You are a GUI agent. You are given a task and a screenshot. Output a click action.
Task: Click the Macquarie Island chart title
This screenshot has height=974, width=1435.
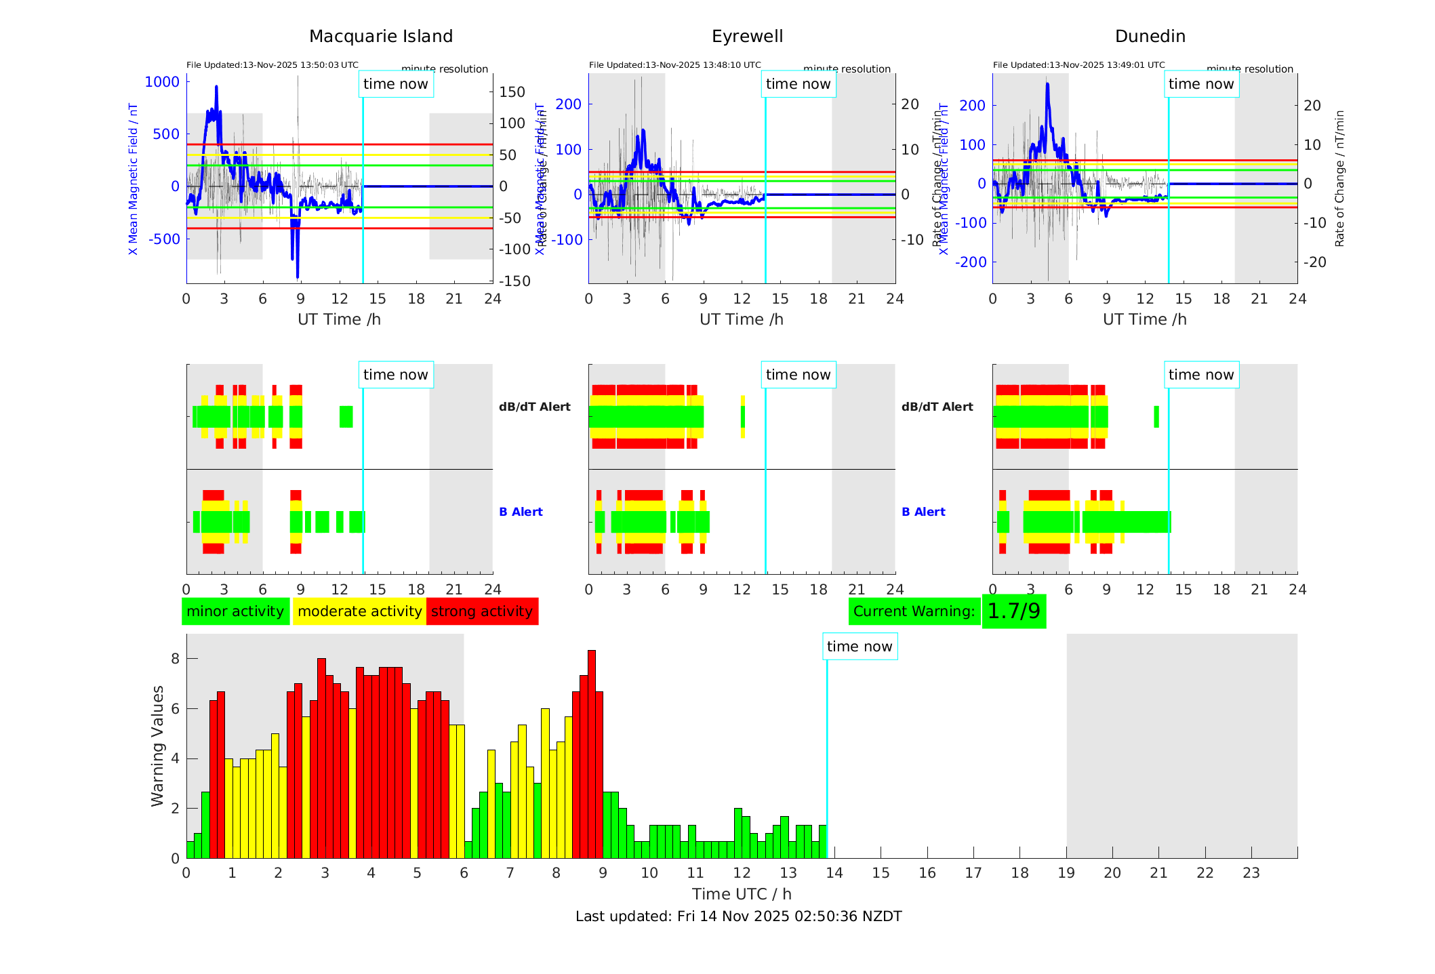click(x=381, y=37)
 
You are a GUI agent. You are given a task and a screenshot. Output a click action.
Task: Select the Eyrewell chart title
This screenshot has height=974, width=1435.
click(x=747, y=37)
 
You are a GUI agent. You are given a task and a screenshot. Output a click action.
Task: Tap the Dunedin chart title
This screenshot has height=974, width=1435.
click(x=1150, y=37)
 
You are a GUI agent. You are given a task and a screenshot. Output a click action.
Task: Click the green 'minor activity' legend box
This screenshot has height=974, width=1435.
click(x=235, y=611)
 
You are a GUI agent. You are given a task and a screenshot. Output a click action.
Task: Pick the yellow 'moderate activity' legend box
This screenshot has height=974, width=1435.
click(x=359, y=611)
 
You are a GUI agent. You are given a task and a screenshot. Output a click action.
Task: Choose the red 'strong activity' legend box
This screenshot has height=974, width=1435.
click(x=482, y=611)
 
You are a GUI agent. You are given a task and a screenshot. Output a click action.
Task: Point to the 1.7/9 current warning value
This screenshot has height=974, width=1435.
click(x=1013, y=611)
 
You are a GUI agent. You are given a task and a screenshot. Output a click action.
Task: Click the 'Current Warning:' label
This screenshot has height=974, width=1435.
click(x=914, y=611)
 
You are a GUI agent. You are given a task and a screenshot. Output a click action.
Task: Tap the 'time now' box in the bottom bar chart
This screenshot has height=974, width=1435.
click(x=860, y=647)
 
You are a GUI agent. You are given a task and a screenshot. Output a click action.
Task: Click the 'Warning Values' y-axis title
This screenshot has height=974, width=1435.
click(x=157, y=746)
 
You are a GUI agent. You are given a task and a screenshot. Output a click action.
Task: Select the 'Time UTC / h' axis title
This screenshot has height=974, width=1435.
click(x=742, y=894)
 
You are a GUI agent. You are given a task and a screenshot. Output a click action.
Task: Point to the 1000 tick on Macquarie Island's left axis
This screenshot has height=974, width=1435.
click(x=162, y=82)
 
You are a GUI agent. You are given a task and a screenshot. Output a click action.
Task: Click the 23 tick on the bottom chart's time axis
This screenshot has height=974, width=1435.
click(x=1251, y=873)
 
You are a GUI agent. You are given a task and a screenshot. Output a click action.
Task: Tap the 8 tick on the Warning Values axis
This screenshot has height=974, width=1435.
click(x=176, y=659)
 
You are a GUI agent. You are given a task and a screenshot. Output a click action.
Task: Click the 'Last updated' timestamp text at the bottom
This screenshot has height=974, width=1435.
click(x=738, y=916)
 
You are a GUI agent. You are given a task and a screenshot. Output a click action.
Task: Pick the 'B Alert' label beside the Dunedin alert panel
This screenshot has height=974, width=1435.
click(x=923, y=512)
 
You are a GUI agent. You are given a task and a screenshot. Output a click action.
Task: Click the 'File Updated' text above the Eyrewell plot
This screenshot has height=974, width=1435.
click(x=674, y=65)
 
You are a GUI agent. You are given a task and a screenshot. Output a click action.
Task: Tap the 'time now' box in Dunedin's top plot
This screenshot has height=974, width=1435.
click(x=1201, y=84)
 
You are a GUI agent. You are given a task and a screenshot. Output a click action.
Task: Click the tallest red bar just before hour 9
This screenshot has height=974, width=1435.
click(x=592, y=752)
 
